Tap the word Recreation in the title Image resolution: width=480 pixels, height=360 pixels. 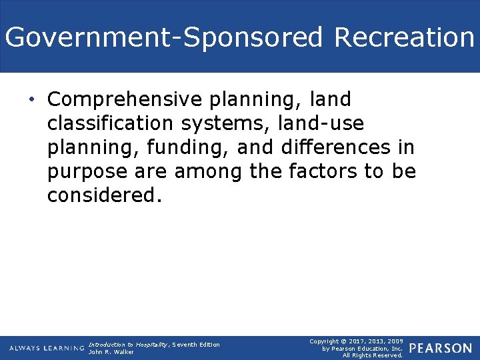(404, 37)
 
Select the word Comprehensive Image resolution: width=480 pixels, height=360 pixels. (125, 100)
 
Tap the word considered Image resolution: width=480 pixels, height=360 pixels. (105, 196)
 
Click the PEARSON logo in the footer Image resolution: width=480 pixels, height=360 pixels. (440, 348)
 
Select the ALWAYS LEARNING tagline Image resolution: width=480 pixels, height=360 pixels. (47, 349)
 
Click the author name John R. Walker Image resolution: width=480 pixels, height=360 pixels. (111, 352)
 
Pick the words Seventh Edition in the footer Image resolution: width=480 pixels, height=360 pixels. (197, 345)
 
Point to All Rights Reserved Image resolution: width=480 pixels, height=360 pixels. (373, 355)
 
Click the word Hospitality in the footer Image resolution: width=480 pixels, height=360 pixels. (153, 345)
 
